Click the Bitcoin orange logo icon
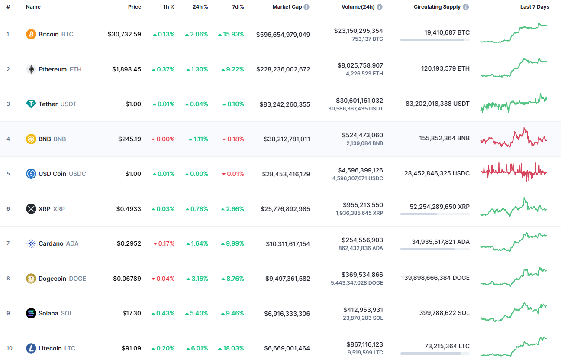(x=31, y=34)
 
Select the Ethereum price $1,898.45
(x=126, y=69)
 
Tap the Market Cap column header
(x=287, y=7)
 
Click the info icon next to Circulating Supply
(x=466, y=7)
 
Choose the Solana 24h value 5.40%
(x=197, y=313)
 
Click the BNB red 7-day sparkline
(x=513, y=138)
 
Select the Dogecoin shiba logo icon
(x=31, y=279)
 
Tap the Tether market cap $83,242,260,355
(x=284, y=104)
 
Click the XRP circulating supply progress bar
(x=435, y=214)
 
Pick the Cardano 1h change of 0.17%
(x=164, y=243)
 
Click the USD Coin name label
(x=52, y=174)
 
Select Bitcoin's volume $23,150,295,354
(x=358, y=31)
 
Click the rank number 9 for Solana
(x=8, y=313)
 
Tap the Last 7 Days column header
(x=535, y=7)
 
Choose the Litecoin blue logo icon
(x=31, y=348)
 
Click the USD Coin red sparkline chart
(x=513, y=172)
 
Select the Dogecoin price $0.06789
(x=127, y=279)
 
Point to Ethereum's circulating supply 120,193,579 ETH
(x=445, y=68)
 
